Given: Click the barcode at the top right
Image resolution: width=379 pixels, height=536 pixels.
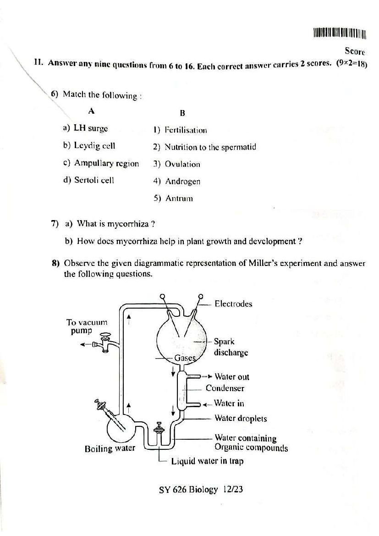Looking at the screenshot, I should pos(340,33).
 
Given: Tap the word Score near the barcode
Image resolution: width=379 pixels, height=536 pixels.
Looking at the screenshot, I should pos(355,51).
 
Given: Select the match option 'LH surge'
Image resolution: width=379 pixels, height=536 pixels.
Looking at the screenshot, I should pos(91,128).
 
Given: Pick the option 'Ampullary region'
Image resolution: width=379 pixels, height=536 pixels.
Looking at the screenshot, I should pos(106,163).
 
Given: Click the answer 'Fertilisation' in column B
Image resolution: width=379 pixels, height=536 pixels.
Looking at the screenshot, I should pos(185,130).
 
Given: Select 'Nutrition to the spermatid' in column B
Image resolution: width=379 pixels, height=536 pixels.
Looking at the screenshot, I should pos(210,147).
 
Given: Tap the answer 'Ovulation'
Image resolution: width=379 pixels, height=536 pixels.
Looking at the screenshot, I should pos(182,164).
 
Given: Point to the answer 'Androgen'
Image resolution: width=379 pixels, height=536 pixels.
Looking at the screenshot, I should pos(182,182).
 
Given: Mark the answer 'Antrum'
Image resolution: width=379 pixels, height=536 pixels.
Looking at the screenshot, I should pos(179,199).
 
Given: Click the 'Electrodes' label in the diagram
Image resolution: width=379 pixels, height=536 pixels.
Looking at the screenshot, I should pos(233,304).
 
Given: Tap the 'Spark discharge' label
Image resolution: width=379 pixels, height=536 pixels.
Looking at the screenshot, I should pos(231,347).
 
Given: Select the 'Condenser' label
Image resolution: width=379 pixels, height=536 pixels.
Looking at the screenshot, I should pos(225,388).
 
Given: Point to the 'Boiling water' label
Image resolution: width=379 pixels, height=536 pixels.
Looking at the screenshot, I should pos(110,448).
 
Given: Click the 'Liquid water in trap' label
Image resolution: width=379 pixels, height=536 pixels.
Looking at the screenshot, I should pos(207,461).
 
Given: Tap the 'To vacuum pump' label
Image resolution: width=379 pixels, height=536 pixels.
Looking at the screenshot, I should pos(87,326).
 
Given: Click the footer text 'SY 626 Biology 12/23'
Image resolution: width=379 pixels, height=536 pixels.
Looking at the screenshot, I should pos(201,490).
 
